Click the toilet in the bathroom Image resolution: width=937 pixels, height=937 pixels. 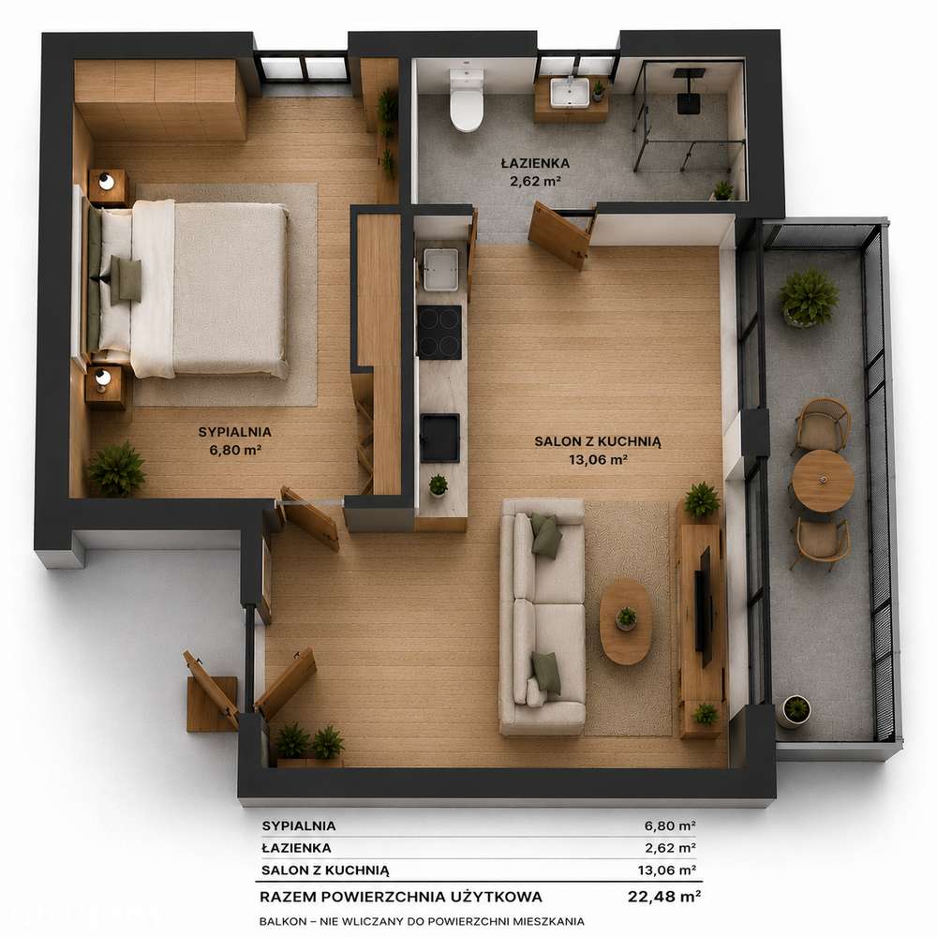(466, 99)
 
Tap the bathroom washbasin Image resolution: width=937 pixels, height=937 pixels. (570, 93)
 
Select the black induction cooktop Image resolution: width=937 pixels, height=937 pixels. (439, 333)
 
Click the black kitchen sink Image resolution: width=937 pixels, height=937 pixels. (439, 438)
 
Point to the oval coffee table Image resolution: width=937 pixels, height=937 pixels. (626, 621)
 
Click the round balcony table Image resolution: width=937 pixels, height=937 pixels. (823, 481)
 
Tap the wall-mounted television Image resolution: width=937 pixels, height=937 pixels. (704, 606)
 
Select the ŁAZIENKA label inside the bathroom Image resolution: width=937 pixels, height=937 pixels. (535, 163)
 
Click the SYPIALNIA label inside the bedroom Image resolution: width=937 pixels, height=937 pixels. (235, 431)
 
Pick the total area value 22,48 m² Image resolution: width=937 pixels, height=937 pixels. (664, 897)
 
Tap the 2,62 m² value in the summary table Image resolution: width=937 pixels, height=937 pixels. (670, 847)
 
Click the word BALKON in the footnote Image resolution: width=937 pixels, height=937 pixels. (279, 921)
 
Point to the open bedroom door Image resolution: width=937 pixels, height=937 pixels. (309, 518)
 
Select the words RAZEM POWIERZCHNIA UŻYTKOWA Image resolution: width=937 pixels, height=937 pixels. (401, 897)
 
